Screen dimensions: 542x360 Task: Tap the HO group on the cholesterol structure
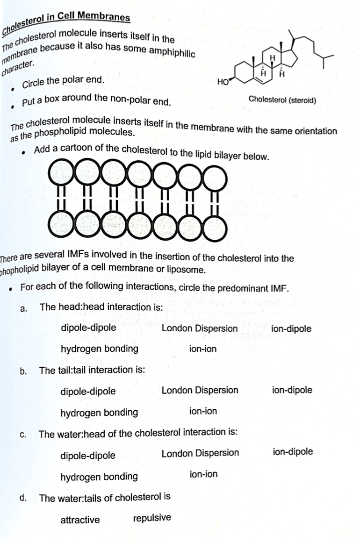coord(223,83)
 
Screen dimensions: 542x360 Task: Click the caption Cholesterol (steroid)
coord(282,100)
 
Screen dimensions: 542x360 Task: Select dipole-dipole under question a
coord(88,328)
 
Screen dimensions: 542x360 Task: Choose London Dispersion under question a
coord(200,328)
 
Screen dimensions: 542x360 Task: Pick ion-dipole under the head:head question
coord(291,328)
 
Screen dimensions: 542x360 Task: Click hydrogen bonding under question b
coord(99,412)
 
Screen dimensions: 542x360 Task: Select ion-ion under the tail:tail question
coord(203,411)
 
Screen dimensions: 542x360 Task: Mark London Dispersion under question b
coord(200,390)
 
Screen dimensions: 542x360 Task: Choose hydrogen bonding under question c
coord(99,476)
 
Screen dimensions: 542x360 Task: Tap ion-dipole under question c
coord(293,451)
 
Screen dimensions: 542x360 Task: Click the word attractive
coord(80,520)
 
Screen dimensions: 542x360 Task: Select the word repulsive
coord(152,518)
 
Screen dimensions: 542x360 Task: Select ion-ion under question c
coord(204,474)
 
